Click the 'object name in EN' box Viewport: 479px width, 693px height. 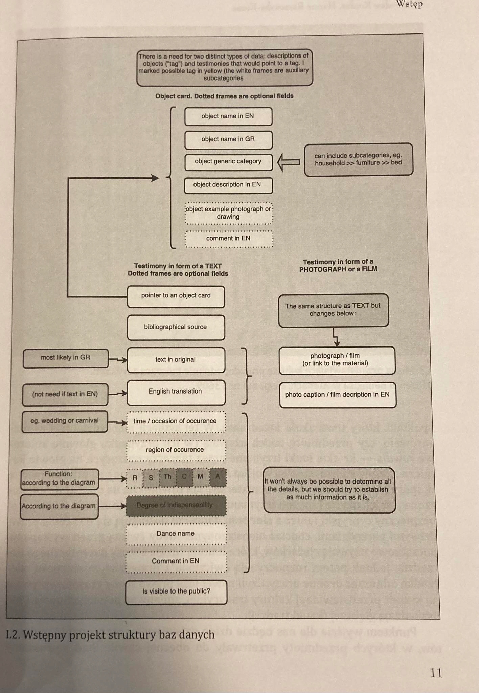pos(228,116)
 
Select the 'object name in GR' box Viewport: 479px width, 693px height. pos(228,139)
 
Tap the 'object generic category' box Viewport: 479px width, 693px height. pos(228,162)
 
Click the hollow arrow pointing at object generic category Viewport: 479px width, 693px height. pos(288,162)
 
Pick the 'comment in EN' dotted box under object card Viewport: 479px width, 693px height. pos(229,239)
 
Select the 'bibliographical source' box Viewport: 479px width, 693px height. pos(176,327)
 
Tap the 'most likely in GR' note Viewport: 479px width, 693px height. pos(66,358)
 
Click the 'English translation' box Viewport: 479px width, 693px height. pos(176,392)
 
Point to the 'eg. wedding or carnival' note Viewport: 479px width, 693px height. pos(65,421)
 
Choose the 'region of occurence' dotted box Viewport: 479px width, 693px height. pos(176,450)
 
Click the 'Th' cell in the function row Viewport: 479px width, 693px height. pos(168,477)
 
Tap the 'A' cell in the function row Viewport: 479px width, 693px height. pos(218,477)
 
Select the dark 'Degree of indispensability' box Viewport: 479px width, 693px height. pos(176,506)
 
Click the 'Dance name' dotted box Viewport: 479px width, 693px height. pos(176,534)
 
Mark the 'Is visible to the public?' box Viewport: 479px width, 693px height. pos(176,592)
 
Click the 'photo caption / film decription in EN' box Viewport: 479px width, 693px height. pos(338,395)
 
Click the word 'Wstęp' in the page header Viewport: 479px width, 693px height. pos(410,5)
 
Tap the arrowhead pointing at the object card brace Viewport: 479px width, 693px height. pos(155,178)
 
